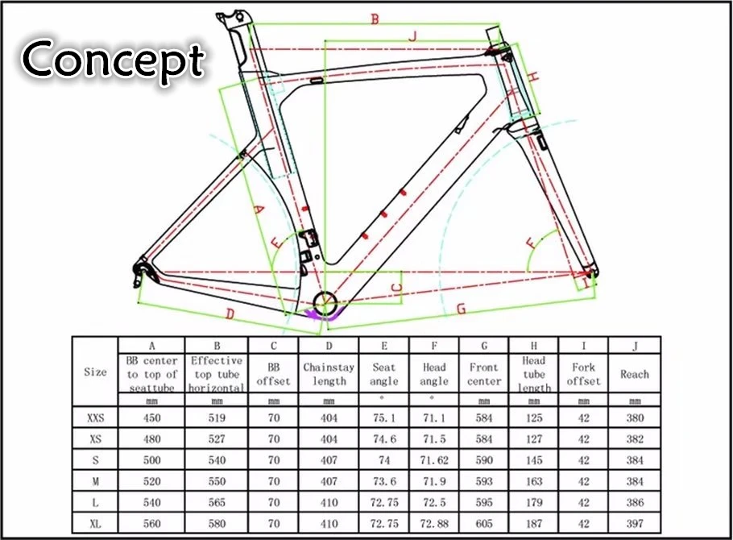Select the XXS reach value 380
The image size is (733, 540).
point(635,417)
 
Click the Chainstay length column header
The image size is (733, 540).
point(329,374)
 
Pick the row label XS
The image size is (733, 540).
point(95,440)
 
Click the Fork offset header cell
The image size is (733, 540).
point(583,374)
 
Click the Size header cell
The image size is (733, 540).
point(95,372)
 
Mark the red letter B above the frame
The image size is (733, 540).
point(374,19)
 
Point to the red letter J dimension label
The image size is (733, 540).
point(412,36)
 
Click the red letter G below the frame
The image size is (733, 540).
point(461,308)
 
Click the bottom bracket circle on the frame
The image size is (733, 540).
point(325,303)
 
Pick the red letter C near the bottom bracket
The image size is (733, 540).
point(395,286)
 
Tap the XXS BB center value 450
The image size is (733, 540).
point(151,417)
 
